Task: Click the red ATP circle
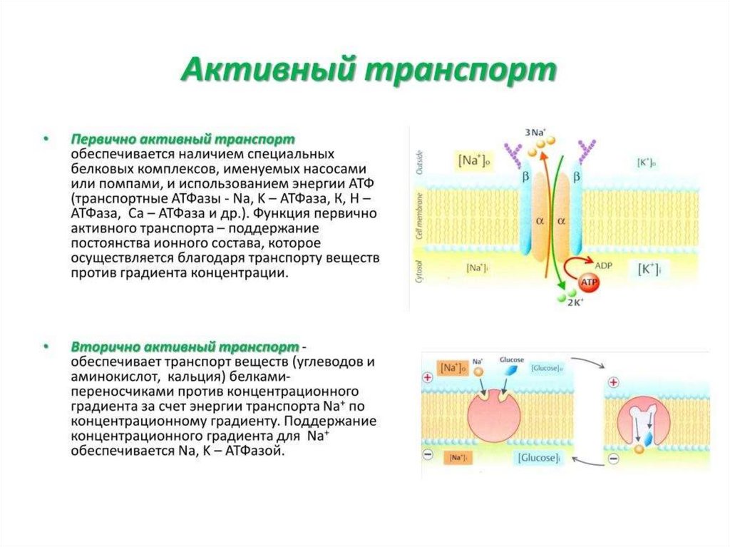pyautogui.click(x=589, y=283)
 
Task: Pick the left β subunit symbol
pyautogui.click(x=526, y=174)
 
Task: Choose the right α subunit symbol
pyautogui.click(x=562, y=221)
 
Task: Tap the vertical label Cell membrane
pyautogui.click(x=419, y=221)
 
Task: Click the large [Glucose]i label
pyautogui.click(x=537, y=457)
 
